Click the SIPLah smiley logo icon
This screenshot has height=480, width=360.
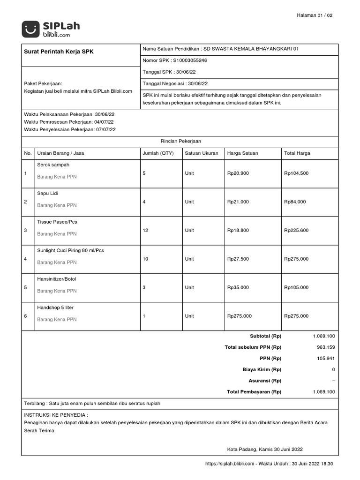coord(30,30)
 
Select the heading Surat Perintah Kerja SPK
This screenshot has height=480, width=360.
coord(59,52)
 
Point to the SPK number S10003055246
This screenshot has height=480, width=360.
coord(190,60)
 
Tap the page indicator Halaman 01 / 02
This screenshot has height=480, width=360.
coord(315,15)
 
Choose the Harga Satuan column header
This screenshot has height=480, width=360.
coord(242,153)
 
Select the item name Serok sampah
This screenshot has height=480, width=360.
coord(53,165)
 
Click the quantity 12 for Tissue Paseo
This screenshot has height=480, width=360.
coord(145,230)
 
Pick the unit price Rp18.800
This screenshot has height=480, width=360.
coord(238,230)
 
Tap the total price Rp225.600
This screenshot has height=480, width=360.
coord(296,230)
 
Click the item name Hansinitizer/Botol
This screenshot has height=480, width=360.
coord(56,279)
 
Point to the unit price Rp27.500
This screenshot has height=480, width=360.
coord(238,259)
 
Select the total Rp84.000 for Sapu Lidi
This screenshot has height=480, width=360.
coord(295,202)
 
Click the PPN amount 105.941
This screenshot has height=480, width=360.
coord(326,358)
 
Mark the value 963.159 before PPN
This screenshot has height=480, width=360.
coord(326,347)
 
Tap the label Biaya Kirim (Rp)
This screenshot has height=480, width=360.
coord(262,369)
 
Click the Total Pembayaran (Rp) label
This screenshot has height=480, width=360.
coord(254,392)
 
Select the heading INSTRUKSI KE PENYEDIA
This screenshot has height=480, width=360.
coord(56,415)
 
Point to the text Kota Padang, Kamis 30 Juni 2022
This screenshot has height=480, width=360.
coord(265,449)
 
